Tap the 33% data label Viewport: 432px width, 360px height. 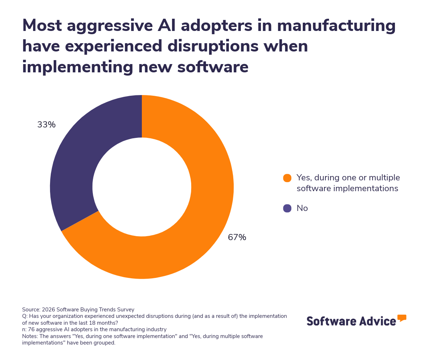(46, 125)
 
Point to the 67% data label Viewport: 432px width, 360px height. (237, 238)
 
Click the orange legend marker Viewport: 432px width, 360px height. (287, 178)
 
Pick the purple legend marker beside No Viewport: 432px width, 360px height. (287, 208)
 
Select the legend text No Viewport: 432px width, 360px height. (302, 208)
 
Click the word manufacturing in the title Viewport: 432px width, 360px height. (336, 26)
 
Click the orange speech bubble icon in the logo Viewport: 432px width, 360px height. (402, 318)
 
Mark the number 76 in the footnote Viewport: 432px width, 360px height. (31, 329)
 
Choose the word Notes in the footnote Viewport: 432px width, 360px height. (30, 336)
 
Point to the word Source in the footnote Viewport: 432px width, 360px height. (31, 310)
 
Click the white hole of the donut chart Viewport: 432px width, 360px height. (142, 187)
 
